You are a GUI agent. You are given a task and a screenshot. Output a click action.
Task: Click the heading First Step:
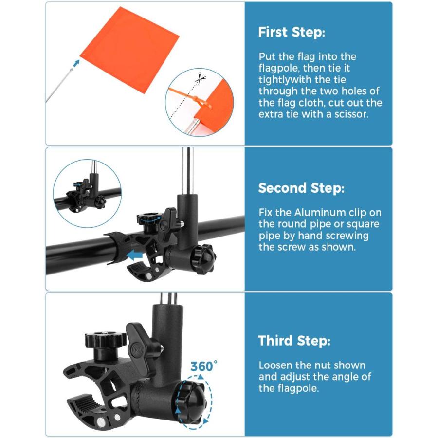292,32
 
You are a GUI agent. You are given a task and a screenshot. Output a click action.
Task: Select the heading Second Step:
301,188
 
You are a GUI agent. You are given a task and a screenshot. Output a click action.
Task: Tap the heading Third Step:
294,341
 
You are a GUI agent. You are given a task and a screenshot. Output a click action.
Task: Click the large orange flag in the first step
129,50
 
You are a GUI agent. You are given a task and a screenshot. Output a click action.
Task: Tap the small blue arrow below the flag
75,64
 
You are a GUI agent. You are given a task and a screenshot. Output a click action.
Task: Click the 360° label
203,366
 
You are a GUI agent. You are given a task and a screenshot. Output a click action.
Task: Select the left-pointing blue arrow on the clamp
135,255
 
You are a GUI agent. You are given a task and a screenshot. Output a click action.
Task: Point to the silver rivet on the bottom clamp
100,420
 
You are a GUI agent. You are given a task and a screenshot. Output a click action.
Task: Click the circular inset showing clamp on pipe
87,194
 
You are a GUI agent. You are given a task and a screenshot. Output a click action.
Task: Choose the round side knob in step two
203,256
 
